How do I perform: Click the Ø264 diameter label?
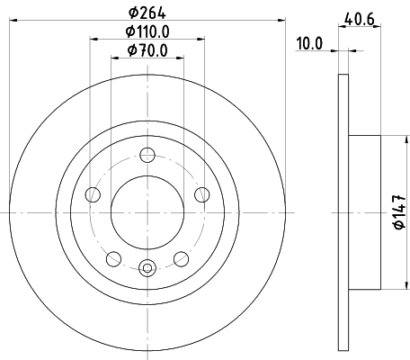(147, 13)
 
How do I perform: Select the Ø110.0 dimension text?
(147, 31)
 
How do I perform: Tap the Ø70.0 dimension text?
(147, 50)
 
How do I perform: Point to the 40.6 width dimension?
(360, 19)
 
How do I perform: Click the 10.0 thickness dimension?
(309, 44)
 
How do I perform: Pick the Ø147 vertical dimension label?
(400, 212)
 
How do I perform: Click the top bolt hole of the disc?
(147, 155)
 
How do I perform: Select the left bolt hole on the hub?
(93, 194)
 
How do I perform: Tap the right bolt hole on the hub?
(202, 194)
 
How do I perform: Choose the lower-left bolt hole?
(114, 259)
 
